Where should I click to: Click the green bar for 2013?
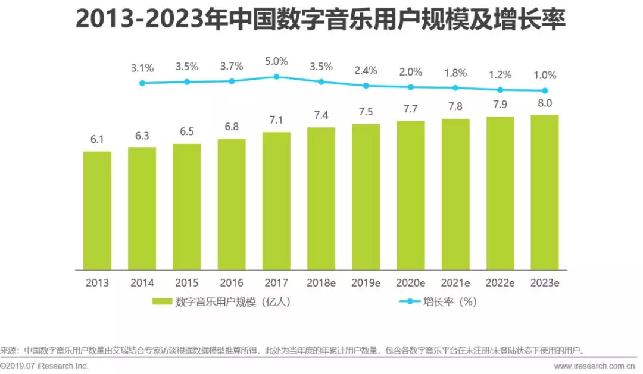click(x=97, y=210)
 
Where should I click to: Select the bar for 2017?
click(x=276, y=200)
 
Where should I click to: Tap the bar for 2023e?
click(x=544, y=191)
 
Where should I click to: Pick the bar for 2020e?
click(x=410, y=195)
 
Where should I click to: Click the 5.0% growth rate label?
click(x=276, y=61)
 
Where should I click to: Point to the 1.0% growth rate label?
click(x=544, y=76)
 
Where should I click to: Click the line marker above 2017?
click(x=276, y=77)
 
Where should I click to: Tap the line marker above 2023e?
click(x=544, y=91)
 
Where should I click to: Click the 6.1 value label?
click(x=97, y=140)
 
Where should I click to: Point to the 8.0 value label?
click(x=544, y=103)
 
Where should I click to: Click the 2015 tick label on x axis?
click(x=186, y=283)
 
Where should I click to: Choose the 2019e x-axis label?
click(x=366, y=283)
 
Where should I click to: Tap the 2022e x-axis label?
click(x=500, y=283)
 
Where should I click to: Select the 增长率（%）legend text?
click(x=450, y=302)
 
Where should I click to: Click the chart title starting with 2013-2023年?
click(x=321, y=20)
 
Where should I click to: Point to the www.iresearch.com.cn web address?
click(x=595, y=366)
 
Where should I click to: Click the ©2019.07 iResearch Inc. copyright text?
click(x=45, y=366)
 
